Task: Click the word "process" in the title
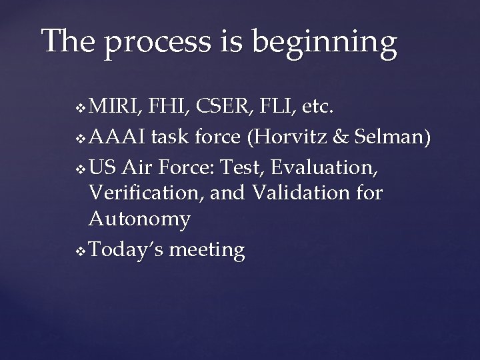(x=143, y=42)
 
